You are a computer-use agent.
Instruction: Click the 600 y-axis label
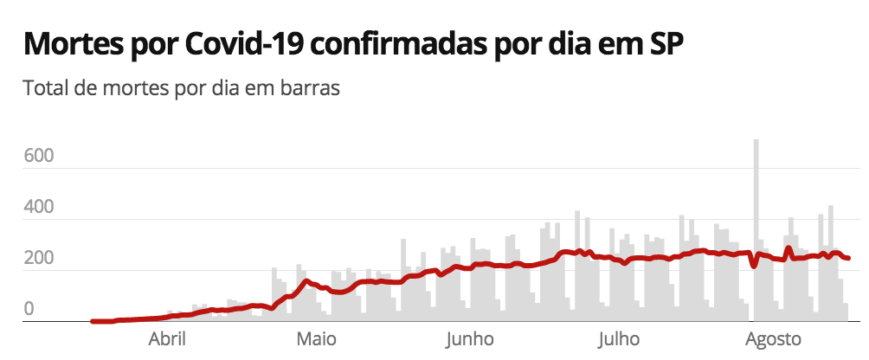41,157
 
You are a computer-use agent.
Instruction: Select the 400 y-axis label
41,208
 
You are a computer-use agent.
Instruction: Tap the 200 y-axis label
41,259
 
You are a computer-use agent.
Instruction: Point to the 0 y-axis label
29,309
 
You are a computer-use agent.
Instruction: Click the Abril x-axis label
170,338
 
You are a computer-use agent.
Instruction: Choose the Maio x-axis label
317,338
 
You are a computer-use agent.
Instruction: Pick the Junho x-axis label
470,338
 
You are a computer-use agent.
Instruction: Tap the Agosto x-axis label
773,338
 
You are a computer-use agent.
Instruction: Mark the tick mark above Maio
317,325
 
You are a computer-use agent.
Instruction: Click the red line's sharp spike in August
789,248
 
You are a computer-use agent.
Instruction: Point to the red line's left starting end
93,321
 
